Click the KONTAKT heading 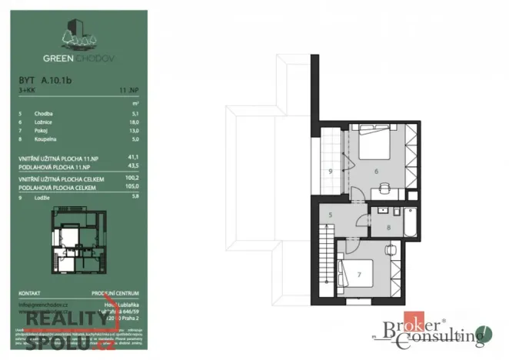point(30,293)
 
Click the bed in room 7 point(357,274)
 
